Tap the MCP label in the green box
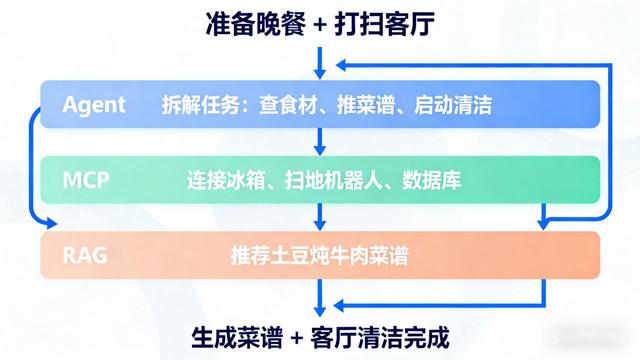pyautogui.click(x=86, y=181)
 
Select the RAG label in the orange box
pyautogui.click(x=85, y=257)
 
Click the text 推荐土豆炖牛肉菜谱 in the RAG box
pyautogui.click(x=319, y=257)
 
